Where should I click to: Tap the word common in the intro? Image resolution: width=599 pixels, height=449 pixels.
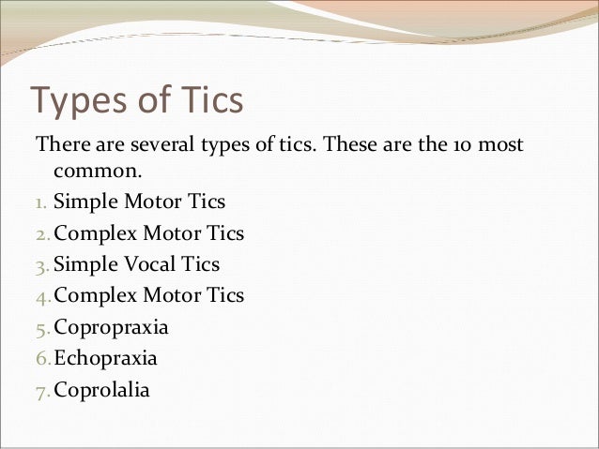93,172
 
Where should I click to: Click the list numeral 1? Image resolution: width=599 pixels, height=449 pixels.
40,202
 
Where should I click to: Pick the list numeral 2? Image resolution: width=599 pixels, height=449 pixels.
41,233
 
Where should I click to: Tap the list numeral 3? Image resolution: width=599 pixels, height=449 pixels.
41,265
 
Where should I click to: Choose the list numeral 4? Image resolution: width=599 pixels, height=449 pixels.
41,296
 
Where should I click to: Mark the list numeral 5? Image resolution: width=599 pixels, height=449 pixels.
41,328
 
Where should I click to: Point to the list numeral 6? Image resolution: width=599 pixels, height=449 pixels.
41,359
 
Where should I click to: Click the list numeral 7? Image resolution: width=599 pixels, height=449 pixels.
41,390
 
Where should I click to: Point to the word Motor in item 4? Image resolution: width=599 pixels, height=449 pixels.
170,295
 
